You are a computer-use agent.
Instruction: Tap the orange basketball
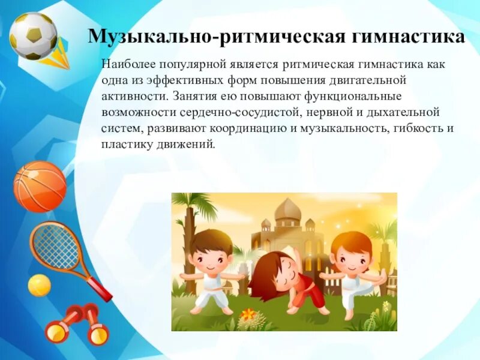click(40, 187)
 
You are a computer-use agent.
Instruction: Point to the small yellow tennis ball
click(40, 285)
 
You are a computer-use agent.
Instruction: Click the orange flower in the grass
click(247, 314)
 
